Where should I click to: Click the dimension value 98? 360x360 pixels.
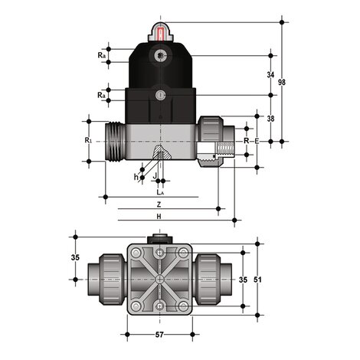[282, 82]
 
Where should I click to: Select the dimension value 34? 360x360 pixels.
[270, 75]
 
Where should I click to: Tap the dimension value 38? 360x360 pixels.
[270, 119]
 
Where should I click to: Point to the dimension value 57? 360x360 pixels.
[159, 334]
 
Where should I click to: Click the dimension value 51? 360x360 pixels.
[257, 280]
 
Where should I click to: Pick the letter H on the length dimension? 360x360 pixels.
[159, 217]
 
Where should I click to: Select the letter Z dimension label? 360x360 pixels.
[159, 205]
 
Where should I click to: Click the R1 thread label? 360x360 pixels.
[87, 140]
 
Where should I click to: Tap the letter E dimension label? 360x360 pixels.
[257, 141]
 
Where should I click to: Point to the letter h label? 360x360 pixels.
[136, 177]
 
